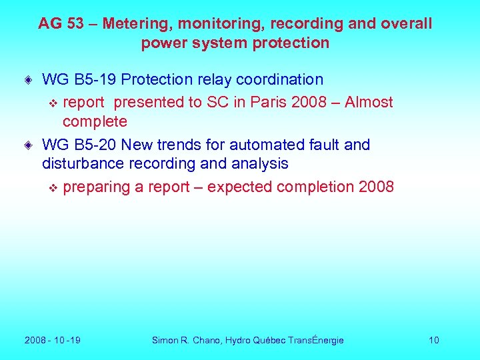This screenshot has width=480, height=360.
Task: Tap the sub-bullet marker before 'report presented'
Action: (54, 103)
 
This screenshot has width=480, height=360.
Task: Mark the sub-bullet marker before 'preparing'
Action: (54, 187)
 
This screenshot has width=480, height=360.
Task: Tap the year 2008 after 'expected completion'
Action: (376, 187)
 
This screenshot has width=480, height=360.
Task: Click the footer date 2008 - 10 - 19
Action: (53, 341)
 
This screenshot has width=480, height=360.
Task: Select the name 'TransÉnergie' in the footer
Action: (316, 341)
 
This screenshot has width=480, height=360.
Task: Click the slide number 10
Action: (434, 341)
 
